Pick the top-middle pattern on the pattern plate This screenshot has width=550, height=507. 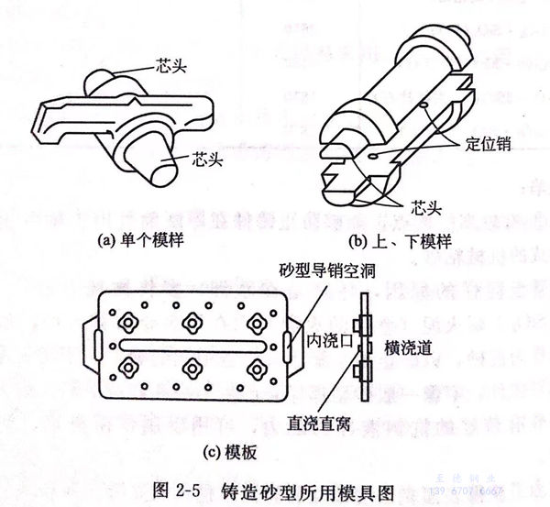pos(192,321)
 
